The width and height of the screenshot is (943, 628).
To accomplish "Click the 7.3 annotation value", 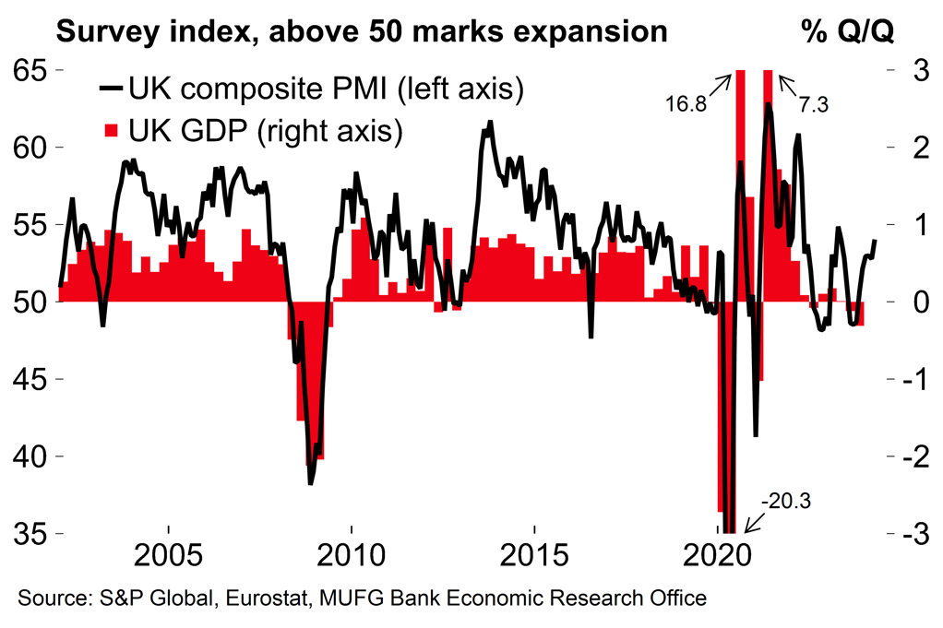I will [x=814, y=105].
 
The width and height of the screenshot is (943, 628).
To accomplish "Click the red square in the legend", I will [x=112, y=130].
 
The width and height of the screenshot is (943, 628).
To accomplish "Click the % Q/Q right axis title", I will [x=847, y=32].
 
